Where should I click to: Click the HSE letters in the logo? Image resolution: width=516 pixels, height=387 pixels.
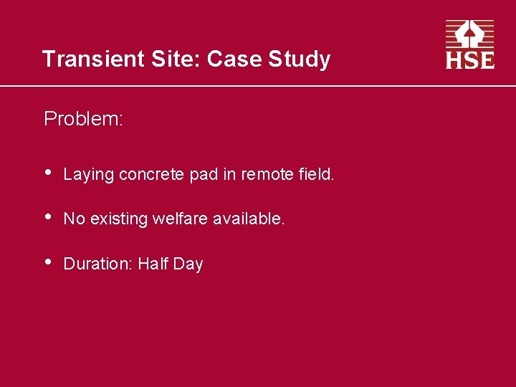[x=470, y=59]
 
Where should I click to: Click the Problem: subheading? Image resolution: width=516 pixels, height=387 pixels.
[x=83, y=118]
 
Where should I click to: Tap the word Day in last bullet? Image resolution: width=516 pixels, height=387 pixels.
[x=188, y=264]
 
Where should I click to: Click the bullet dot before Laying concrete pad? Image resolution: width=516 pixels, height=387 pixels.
[x=47, y=173]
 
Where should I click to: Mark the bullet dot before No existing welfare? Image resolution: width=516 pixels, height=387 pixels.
[x=47, y=218]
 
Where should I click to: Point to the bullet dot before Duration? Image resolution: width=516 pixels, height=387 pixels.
[x=47, y=263]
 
